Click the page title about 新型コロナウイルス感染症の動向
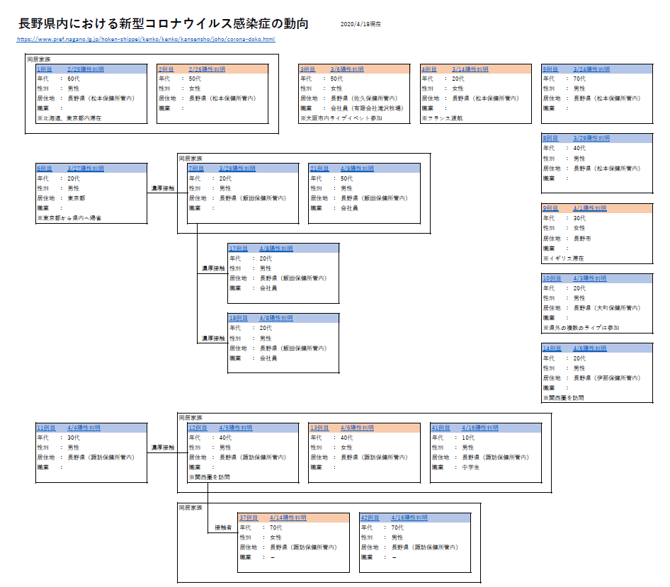164,23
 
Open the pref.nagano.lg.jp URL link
145,39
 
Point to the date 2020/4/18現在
360,24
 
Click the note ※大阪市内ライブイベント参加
340,118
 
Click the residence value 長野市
582,239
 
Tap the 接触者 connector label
223,528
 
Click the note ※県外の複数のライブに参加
581,328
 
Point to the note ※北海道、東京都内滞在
69,118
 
